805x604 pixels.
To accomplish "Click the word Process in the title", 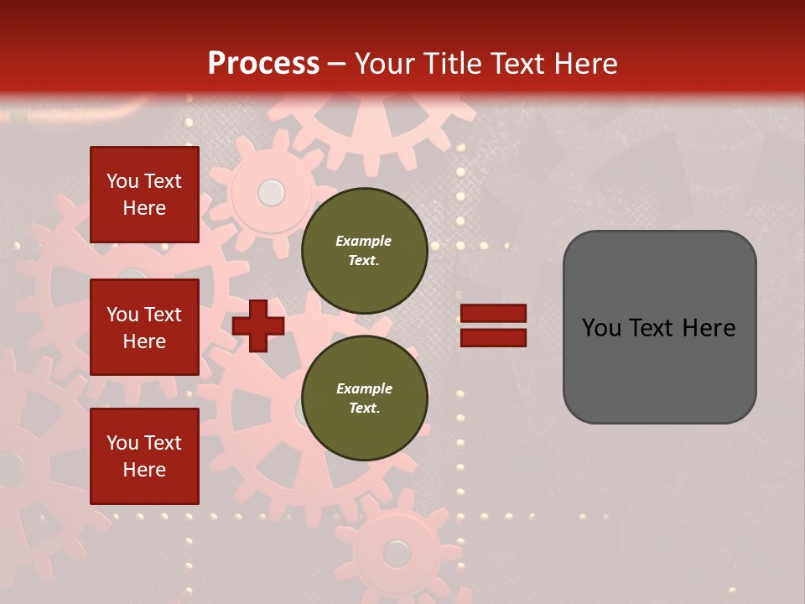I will pyautogui.click(x=263, y=64).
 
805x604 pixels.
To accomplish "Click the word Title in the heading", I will pyautogui.click(x=454, y=64).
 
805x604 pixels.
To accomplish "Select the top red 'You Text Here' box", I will pyautogui.click(x=144, y=195).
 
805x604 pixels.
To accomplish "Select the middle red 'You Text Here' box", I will pyautogui.click(x=144, y=327).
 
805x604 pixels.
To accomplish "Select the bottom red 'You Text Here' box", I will pyautogui.click(x=144, y=456).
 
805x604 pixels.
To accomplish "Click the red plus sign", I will pyautogui.click(x=258, y=326).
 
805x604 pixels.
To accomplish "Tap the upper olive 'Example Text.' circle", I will pyautogui.click(x=364, y=251).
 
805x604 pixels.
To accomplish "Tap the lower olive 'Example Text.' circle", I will pyautogui.click(x=364, y=398).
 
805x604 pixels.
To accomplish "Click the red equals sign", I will pyautogui.click(x=494, y=325).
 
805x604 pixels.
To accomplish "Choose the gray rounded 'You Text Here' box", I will pyautogui.click(x=659, y=327).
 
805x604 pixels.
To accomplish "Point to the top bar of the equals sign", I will pyautogui.click(x=494, y=314).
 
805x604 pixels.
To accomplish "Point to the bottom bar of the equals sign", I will pyautogui.click(x=494, y=337).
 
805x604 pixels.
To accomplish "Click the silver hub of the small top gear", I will pyautogui.click(x=271, y=193).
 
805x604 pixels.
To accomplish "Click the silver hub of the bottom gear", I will pyautogui.click(x=396, y=553).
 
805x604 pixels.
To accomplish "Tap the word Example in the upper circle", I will pyautogui.click(x=364, y=242).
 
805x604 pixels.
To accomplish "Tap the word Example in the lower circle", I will pyautogui.click(x=364, y=389).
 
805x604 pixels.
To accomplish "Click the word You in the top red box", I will pyautogui.click(x=122, y=181).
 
